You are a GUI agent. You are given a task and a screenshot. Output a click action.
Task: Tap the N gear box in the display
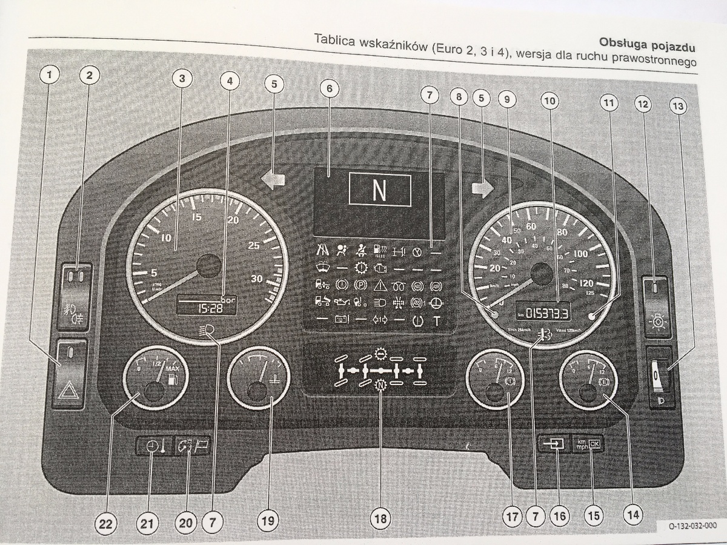(379, 190)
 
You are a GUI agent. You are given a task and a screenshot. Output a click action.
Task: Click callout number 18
(380, 518)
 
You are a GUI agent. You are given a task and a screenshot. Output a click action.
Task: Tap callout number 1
(50, 75)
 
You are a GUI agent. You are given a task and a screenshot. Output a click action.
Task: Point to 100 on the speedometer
(580, 255)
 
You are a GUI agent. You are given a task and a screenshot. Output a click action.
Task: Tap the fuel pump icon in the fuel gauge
(172, 380)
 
